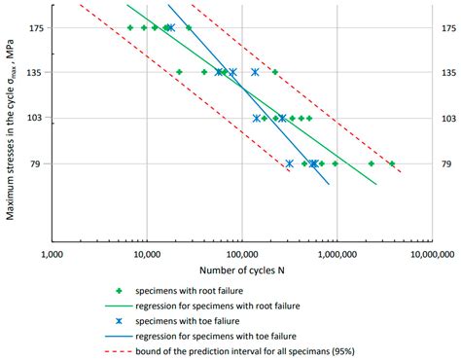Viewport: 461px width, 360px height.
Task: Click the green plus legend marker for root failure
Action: [x=119, y=290]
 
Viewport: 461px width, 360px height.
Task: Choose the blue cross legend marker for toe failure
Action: [x=119, y=320]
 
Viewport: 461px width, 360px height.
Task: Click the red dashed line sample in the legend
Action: [x=119, y=350]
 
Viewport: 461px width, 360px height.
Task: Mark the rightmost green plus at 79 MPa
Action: [x=392, y=163]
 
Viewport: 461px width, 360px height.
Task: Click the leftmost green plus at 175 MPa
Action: [x=129, y=28]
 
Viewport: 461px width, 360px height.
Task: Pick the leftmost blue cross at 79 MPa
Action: [x=289, y=163]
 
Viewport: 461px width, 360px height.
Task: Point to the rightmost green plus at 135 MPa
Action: [x=274, y=72]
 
